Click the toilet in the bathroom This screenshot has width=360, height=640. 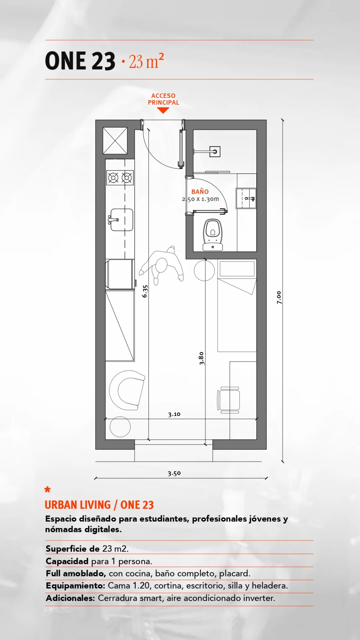(x=213, y=235)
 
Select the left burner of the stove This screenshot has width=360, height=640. (x=113, y=178)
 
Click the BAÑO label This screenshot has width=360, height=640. (x=200, y=192)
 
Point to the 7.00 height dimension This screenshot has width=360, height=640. (x=279, y=297)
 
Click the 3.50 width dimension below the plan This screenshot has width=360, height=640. (x=174, y=473)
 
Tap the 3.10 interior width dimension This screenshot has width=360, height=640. (x=174, y=414)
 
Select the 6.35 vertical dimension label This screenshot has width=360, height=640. (x=145, y=291)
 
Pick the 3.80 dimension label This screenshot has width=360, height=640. (x=201, y=358)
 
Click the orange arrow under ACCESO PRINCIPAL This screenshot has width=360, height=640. (x=163, y=110)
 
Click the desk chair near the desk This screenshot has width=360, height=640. (x=229, y=400)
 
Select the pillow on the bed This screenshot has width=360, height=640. (x=237, y=269)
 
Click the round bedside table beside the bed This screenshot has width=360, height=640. (x=204, y=270)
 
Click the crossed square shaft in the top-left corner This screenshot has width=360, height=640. (x=115, y=141)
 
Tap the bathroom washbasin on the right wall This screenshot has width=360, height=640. (x=246, y=198)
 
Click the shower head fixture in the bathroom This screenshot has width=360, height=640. (x=215, y=152)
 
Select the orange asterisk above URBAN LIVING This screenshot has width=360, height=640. (x=48, y=490)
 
